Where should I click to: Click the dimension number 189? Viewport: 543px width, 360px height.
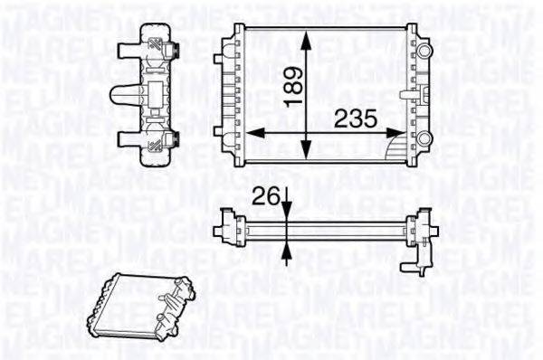click(290, 88)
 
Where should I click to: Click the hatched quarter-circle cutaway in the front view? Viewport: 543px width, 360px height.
click(396, 147)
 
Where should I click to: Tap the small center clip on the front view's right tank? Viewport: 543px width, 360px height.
click(404, 92)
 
